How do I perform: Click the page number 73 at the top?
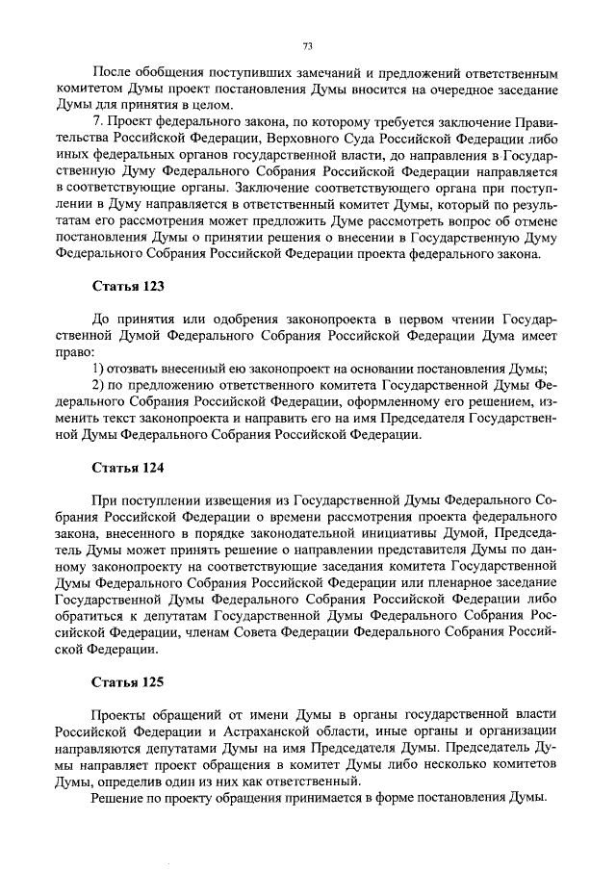click(x=308, y=45)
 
